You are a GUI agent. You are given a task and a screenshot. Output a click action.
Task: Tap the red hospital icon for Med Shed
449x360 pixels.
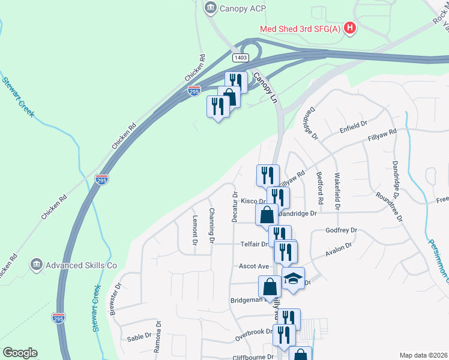[350, 28]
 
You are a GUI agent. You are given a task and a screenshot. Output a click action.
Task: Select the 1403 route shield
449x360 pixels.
[241, 57]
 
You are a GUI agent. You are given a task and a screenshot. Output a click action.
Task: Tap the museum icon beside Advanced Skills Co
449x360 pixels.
[36, 265]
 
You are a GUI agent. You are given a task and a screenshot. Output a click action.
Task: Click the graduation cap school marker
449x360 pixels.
[293, 280]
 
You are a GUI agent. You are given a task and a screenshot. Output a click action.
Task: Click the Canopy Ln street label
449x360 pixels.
[267, 87]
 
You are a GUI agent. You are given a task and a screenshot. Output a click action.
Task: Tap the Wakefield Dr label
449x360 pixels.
[337, 191]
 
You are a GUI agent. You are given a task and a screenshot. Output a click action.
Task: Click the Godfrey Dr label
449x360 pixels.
[341, 230]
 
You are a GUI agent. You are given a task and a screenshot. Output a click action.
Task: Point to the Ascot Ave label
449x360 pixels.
[254, 266]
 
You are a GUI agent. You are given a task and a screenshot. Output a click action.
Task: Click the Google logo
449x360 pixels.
[20, 353]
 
